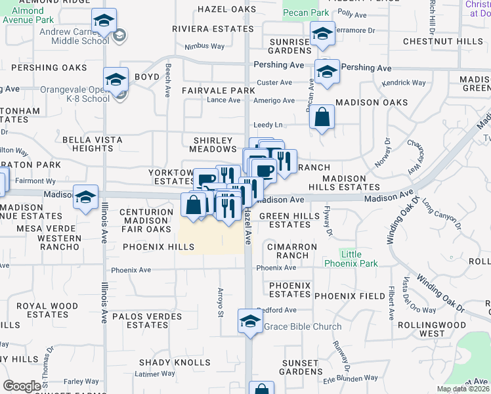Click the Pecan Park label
pos(305,12)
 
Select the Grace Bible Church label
pos(303,326)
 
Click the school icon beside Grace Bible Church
pos(249,321)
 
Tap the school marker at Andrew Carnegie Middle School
pos(104,21)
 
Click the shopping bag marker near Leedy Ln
pos(322,118)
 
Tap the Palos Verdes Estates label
pos(143,320)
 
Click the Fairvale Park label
pos(218,90)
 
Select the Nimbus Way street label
pos(204,47)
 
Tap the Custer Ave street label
pos(275,83)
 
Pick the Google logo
pos(22,386)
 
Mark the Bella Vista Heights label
pos(93,144)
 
